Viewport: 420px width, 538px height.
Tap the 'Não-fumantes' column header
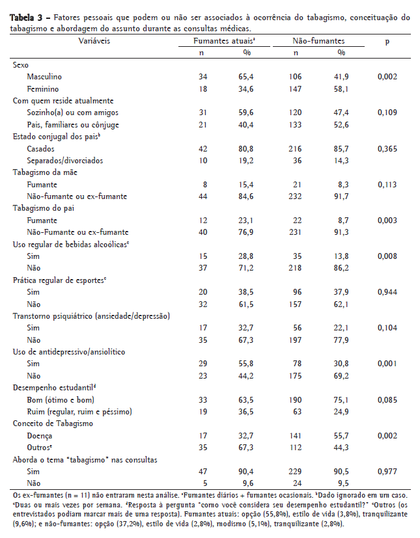[318, 41]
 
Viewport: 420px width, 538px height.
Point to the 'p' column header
[387, 41]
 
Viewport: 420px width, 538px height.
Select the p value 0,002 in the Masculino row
[387, 77]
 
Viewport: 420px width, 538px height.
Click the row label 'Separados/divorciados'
[65, 160]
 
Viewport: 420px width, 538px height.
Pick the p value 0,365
[387, 148]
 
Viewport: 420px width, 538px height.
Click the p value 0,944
[387, 292]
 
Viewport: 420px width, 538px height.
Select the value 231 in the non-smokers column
[295, 232]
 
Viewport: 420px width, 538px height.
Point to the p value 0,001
[387, 364]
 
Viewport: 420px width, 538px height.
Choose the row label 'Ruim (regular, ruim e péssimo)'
[79, 411]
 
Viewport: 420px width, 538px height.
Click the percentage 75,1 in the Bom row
[341, 399]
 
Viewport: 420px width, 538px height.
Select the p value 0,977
[387, 471]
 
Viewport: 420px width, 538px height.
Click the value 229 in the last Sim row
[295, 471]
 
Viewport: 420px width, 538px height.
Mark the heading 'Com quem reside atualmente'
[64, 101]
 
